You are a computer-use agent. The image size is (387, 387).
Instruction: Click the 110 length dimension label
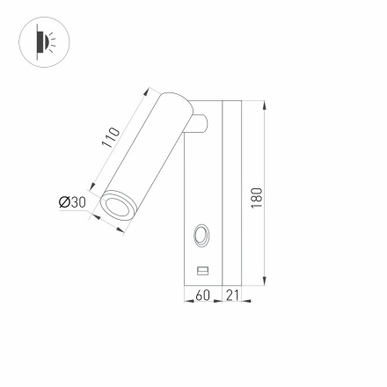click(x=111, y=138)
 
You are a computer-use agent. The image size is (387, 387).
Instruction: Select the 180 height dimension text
click(x=256, y=196)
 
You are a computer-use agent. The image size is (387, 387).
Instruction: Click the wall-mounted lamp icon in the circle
click(x=43, y=41)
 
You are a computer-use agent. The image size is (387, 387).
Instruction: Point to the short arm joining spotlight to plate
click(x=200, y=125)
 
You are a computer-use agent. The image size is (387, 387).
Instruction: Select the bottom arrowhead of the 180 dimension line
click(x=264, y=281)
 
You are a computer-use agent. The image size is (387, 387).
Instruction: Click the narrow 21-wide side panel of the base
click(x=232, y=193)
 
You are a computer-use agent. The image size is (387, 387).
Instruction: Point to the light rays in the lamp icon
click(x=50, y=41)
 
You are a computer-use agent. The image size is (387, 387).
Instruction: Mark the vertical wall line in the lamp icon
click(x=35, y=41)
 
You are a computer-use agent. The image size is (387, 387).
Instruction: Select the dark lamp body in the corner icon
click(x=40, y=41)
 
